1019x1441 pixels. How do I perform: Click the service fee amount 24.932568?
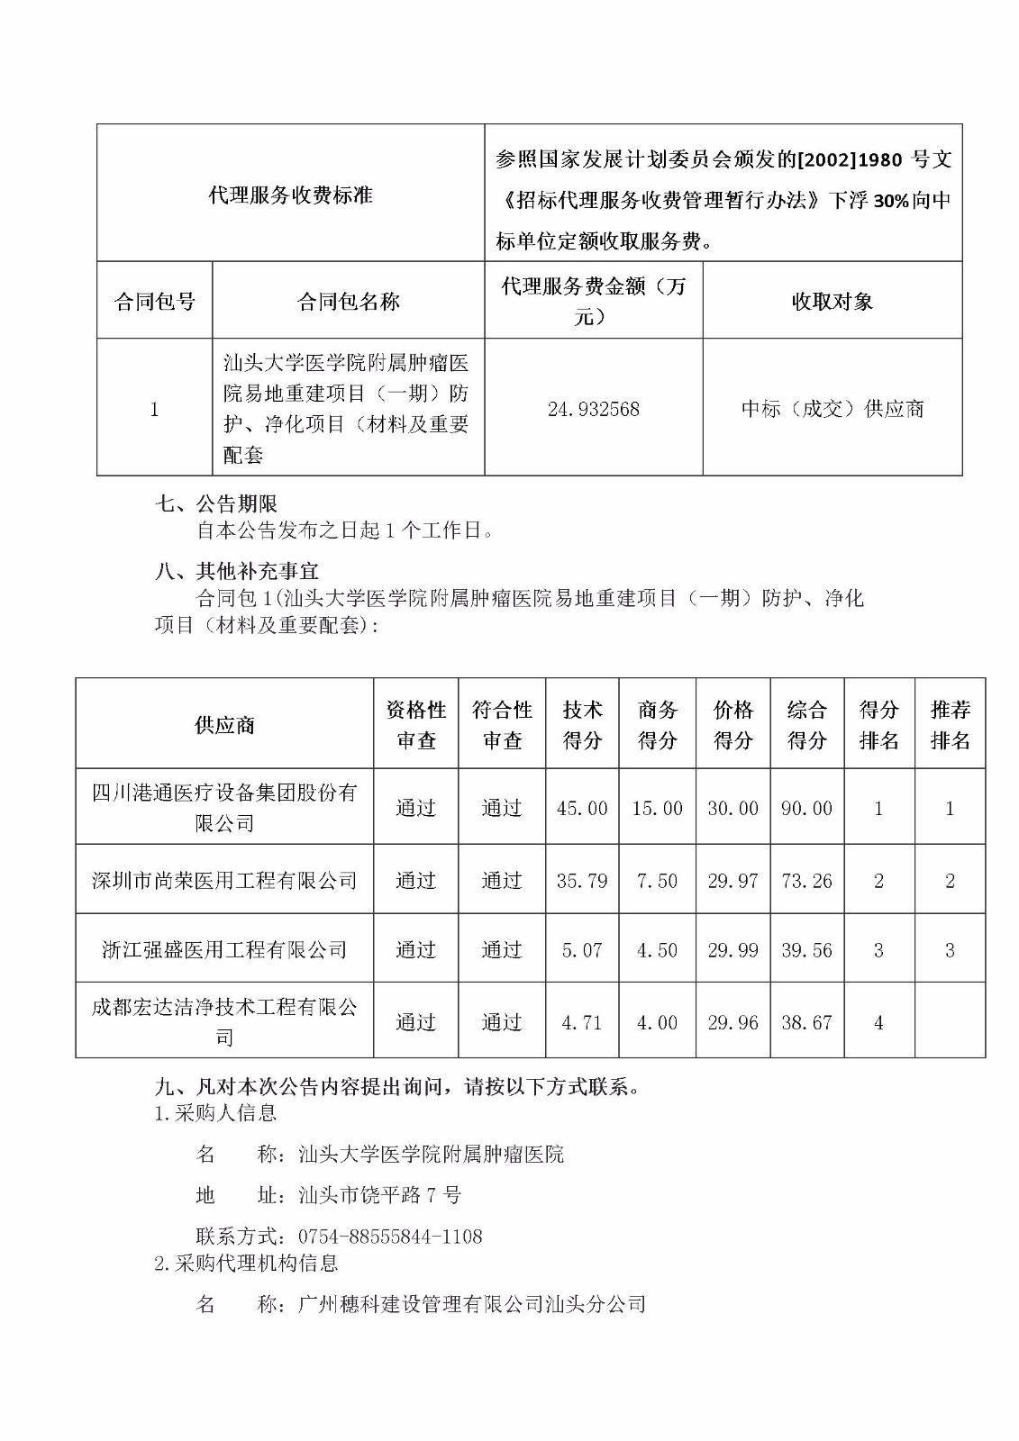coord(593,409)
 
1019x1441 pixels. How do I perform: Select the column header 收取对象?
coord(832,302)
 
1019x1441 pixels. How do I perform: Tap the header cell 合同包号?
coord(154,302)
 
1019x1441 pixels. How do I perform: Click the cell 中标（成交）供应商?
coord(832,409)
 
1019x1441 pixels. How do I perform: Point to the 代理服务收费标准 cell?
coord(290,195)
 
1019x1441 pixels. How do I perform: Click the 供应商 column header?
coord(224,725)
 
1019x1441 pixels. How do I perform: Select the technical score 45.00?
coord(582,809)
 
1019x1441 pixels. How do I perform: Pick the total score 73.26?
coord(806,881)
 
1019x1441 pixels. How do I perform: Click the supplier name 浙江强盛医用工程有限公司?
coord(224,949)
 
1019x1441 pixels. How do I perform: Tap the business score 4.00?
coord(657,1022)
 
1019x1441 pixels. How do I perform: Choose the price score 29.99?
coord(732,950)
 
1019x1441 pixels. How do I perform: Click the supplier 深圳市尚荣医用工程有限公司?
coord(224,881)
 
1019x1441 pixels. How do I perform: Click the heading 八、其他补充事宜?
coord(237,572)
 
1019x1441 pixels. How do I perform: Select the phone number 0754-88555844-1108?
coord(390,1237)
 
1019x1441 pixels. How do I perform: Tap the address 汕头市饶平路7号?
coord(379,1195)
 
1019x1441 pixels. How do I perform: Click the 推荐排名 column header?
coord(950,725)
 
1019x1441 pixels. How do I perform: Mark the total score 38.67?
coord(806,1022)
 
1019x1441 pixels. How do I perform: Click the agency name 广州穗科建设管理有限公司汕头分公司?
coord(472,1303)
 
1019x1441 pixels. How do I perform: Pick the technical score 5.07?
coord(582,950)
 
